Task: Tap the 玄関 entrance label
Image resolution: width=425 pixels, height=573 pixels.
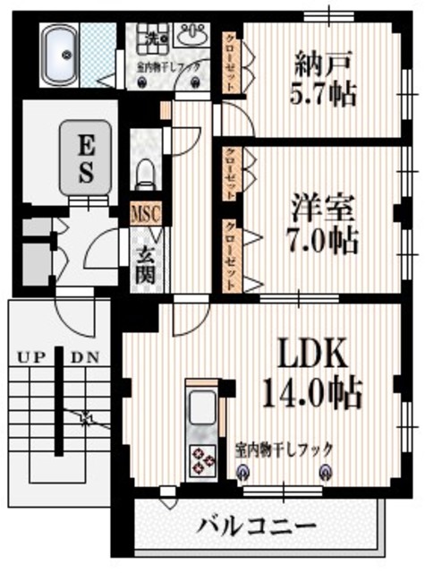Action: (x=145, y=261)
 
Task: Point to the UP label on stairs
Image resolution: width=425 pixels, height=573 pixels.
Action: (x=30, y=356)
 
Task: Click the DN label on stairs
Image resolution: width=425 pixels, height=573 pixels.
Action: (x=86, y=356)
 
